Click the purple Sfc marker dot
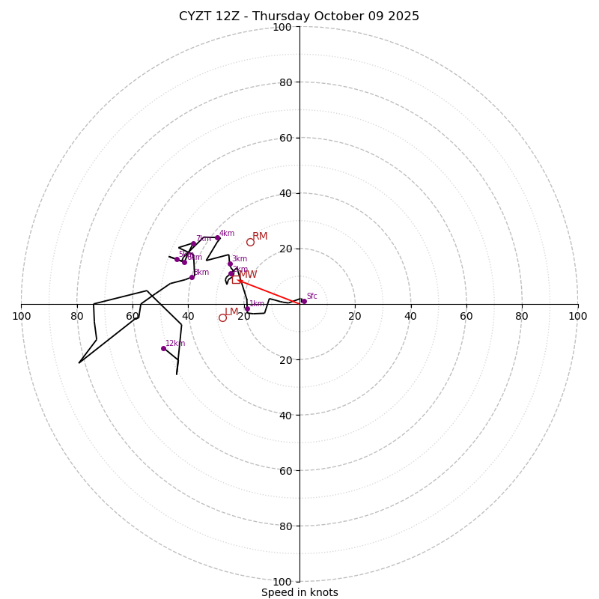tap(303, 301)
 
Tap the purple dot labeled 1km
tap(247, 308)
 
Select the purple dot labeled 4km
tap(218, 238)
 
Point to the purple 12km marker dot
tap(163, 348)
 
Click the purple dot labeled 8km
tap(192, 277)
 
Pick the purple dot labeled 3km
tap(230, 264)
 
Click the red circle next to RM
tap(250, 242)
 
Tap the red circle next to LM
tap(222, 317)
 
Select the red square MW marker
tap(236, 279)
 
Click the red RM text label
tap(260, 237)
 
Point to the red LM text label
tap(231, 312)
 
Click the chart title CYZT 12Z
tap(299, 16)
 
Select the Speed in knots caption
tap(299, 592)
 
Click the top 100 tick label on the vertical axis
tap(282, 27)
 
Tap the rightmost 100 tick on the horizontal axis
tap(577, 316)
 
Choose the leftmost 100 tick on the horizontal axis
tap(22, 316)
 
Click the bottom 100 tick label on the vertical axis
tap(282, 581)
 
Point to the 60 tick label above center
tap(285, 138)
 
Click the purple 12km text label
tap(175, 344)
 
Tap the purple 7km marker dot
tap(193, 243)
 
